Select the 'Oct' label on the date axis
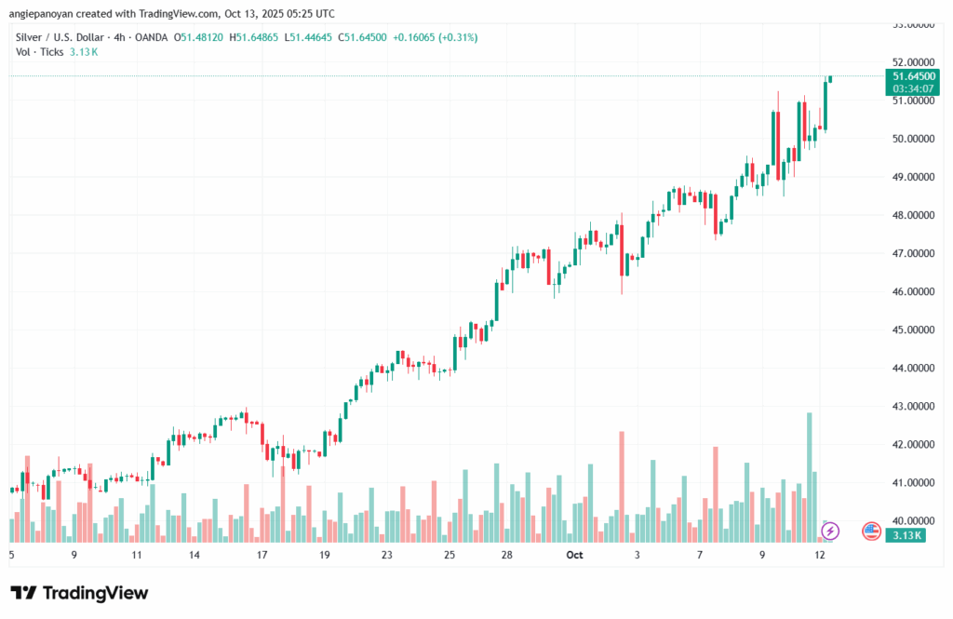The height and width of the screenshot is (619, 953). tap(574, 555)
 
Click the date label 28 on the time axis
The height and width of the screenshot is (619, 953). tap(507, 555)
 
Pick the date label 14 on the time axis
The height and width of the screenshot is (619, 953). tap(194, 555)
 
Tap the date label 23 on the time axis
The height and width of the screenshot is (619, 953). tap(386, 555)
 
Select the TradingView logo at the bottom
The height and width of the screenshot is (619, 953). tap(79, 593)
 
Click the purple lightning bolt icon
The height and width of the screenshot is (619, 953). tap(830, 532)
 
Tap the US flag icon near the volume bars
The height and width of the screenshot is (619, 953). tap(872, 532)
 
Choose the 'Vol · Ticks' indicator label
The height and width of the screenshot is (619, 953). tap(40, 51)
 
